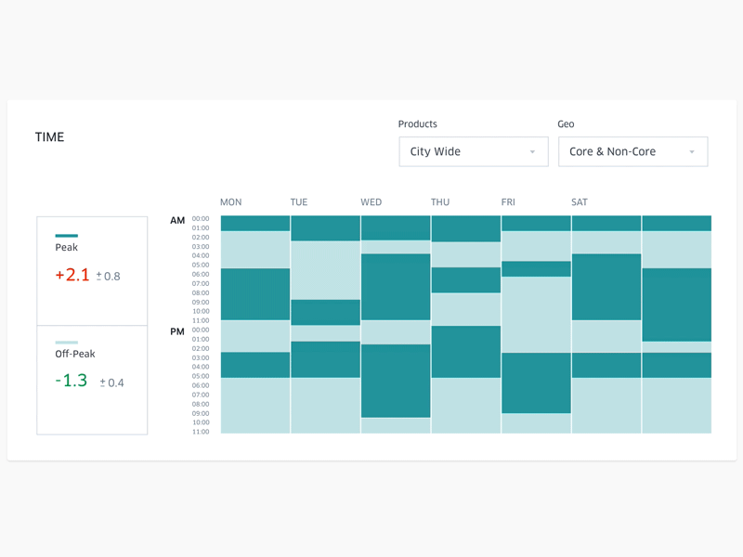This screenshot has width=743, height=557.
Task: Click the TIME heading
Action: pyautogui.click(x=49, y=137)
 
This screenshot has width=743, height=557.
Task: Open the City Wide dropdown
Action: pyautogui.click(x=473, y=151)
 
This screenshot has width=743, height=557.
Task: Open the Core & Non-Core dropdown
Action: pyautogui.click(x=632, y=151)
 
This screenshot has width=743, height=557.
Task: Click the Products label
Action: pyautogui.click(x=417, y=124)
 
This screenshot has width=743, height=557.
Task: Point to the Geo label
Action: pyautogui.click(x=566, y=124)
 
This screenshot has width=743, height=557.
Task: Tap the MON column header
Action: pyautogui.click(x=230, y=202)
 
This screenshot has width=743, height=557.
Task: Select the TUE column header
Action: pyautogui.click(x=299, y=202)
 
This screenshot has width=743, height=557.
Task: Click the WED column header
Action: pyautogui.click(x=371, y=202)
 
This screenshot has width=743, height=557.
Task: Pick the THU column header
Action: pyautogui.click(x=440, y=202)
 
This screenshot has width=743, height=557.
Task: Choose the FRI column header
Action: pyautogui.click(x=508, y=202)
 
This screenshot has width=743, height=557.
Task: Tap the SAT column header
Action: pyautogui.click(x=580, y=202)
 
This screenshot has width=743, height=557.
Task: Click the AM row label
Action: pyautogui.click(x=177, y=221)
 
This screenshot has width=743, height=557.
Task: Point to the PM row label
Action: pyautogui.click(x=177, y=331)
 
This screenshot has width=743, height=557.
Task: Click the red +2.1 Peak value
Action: pyautogui.click(x=72, y=275)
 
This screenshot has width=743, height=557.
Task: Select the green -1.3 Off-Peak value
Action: pyautogui.click(x=72, y=381)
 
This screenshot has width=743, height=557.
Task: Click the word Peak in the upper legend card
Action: pyautogui.click(x=67, y=248)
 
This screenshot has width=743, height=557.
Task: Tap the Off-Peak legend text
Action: pyautogui.click(x=75, y=354)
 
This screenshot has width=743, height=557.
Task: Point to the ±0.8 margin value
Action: pyautogui.click(x=110, y=277)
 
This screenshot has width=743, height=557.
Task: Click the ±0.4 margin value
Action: pyautogui.click(x=112, y=382)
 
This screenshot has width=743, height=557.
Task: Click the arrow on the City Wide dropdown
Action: pyautogui.click(x=532, y=152)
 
